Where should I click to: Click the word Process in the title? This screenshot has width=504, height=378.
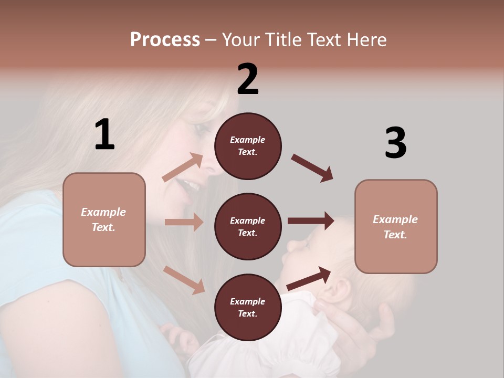pyautogui.click(x=165, y=40)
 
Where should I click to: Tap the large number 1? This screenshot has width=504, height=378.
pyautogui.click(x=104, y=135)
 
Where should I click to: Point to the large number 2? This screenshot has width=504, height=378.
pyautogui.click(x=248, y=79)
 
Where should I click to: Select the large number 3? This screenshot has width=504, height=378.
pyautogui.click(x=395, y=143)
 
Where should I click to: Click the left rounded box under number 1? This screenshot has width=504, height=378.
pyautogui.click(x=104, y=219)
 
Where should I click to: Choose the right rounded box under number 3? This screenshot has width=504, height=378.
pyautogui.click(x=396, y=226)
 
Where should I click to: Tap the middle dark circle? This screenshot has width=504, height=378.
pyautogui.click(x=248, y=226)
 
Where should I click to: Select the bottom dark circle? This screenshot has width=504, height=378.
pyautogui.click(x=248, y=307)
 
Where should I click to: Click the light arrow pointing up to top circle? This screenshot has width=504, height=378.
pyautogui.click(x=183, y=168)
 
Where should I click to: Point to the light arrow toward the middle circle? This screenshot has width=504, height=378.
pyautogui.click(x=184, y=222)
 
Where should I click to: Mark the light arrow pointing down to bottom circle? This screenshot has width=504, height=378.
pyautogui.click(x=184, y=280)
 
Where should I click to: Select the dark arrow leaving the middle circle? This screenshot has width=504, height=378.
pyautogui.click(x=311, y=221)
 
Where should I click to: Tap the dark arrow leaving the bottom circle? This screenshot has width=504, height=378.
pyautogui.click(x=309, y=278)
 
